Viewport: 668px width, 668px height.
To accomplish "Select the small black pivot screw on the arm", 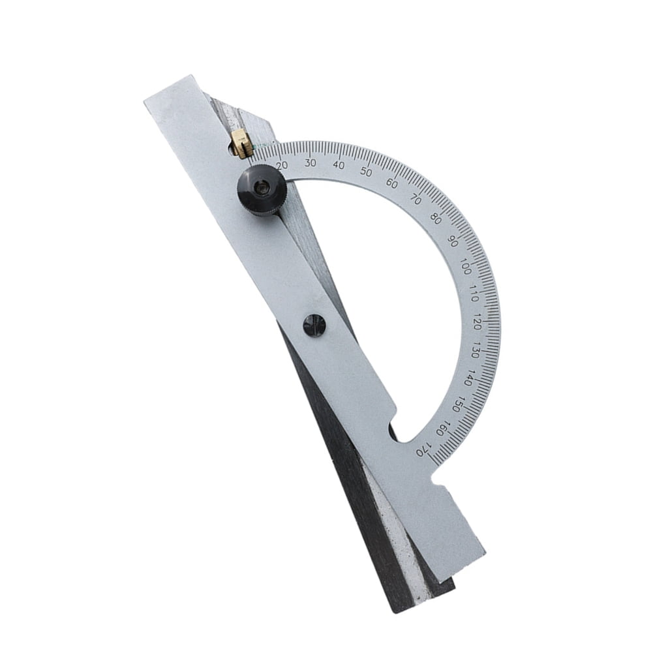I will tap(314, 324).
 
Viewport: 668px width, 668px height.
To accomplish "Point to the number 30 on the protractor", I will tap(311, 162).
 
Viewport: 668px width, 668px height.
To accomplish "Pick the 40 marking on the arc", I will tap(339, 165).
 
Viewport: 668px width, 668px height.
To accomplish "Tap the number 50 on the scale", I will tap(366, 172).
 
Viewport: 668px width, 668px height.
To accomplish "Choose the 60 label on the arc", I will tap(391, 183).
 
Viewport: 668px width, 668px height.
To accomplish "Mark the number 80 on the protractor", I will tap(436, 219).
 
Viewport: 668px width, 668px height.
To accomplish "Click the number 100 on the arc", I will tap(466, 267).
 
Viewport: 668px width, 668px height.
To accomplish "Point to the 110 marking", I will tap(474, 296).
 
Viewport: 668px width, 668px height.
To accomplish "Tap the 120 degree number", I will tap(478, 323).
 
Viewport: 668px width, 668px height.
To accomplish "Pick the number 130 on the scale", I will tap(477, 351).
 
